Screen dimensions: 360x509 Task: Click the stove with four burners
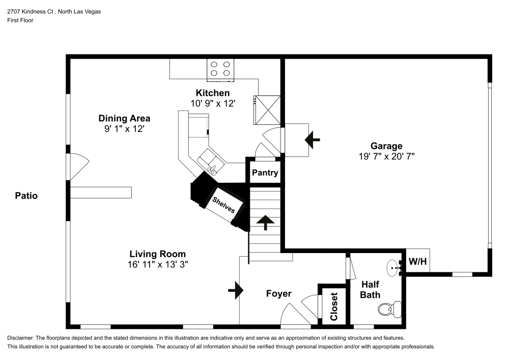point(220,70)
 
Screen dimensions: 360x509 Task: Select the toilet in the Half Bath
point(389,308)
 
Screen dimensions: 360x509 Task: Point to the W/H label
point(417,262)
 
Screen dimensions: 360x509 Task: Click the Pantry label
point(265,173)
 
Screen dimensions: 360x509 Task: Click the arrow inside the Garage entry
point(312,138)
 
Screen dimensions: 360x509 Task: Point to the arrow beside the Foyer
point(236,290)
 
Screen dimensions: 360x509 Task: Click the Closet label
point(334,307)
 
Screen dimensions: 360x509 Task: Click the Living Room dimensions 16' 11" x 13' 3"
point(157,264)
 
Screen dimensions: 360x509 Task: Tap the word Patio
point(26,195)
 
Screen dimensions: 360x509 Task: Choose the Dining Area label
point(124,118)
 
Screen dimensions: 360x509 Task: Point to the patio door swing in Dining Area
point(79,167)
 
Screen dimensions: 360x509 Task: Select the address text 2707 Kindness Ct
point(30,11)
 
